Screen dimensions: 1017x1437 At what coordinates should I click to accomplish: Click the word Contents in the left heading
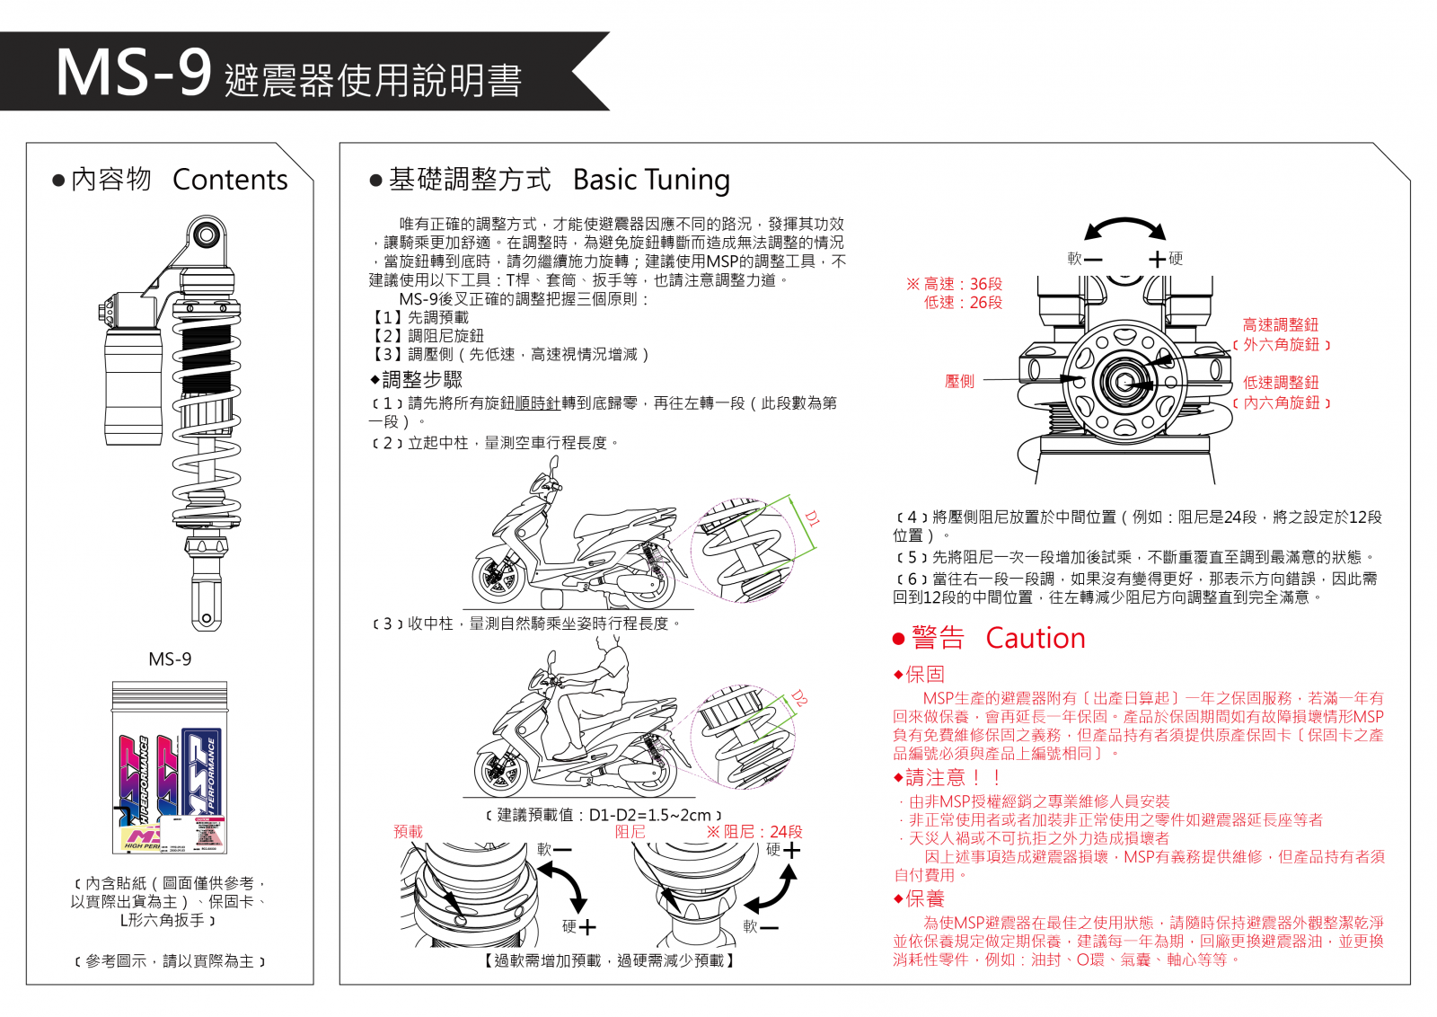click(x=230, y=180)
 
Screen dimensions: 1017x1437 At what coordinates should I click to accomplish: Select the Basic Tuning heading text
click(x=650, y=180)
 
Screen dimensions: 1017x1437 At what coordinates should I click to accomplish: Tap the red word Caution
click(x=1035, y=638)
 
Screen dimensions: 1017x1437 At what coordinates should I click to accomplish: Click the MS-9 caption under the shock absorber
click(x=170, y=659)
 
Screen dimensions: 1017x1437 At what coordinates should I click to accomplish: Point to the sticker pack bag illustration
click(x=170, y=768)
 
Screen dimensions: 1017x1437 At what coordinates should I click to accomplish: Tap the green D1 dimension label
click(x=812, y=518)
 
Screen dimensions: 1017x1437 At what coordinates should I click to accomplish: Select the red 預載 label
click(x=408, y=832)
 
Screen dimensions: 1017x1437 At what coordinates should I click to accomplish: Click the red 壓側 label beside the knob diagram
click(x=959, y=381)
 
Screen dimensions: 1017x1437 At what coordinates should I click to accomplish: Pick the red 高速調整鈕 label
click(x=1280, y=325)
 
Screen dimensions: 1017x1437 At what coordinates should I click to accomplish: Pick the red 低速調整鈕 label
click(x=1280, y=383)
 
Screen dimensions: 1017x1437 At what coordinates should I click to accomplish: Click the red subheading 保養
click(x=924, y=899)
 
